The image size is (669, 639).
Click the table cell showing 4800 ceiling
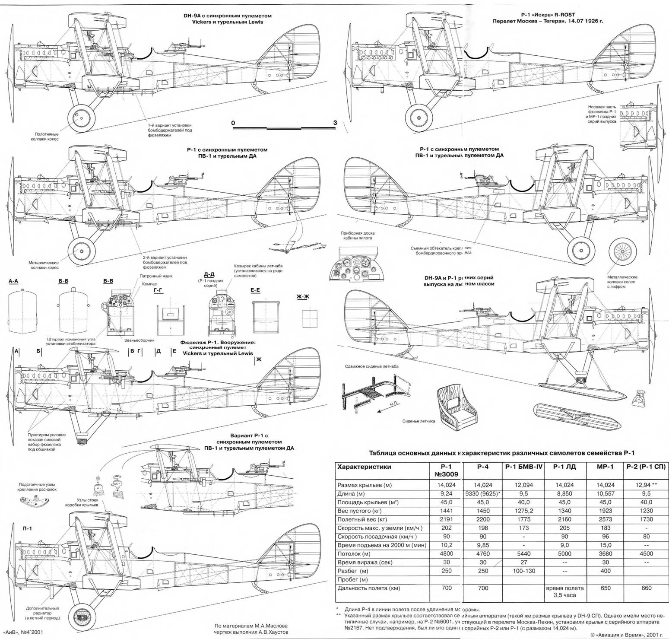click(x=446, y=553)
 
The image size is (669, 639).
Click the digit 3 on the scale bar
click(x=335, y=123)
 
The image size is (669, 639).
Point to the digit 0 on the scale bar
click(x=234, y=123)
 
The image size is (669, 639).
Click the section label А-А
click(x=13, y=281)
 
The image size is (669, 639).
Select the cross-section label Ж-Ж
click(x=303, y=297)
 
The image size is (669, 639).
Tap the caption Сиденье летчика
click(x=419, y=421)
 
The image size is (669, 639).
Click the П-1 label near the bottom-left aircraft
click(x=28, y=528)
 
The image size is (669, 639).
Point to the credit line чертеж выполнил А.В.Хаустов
click(x=251, y=632)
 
